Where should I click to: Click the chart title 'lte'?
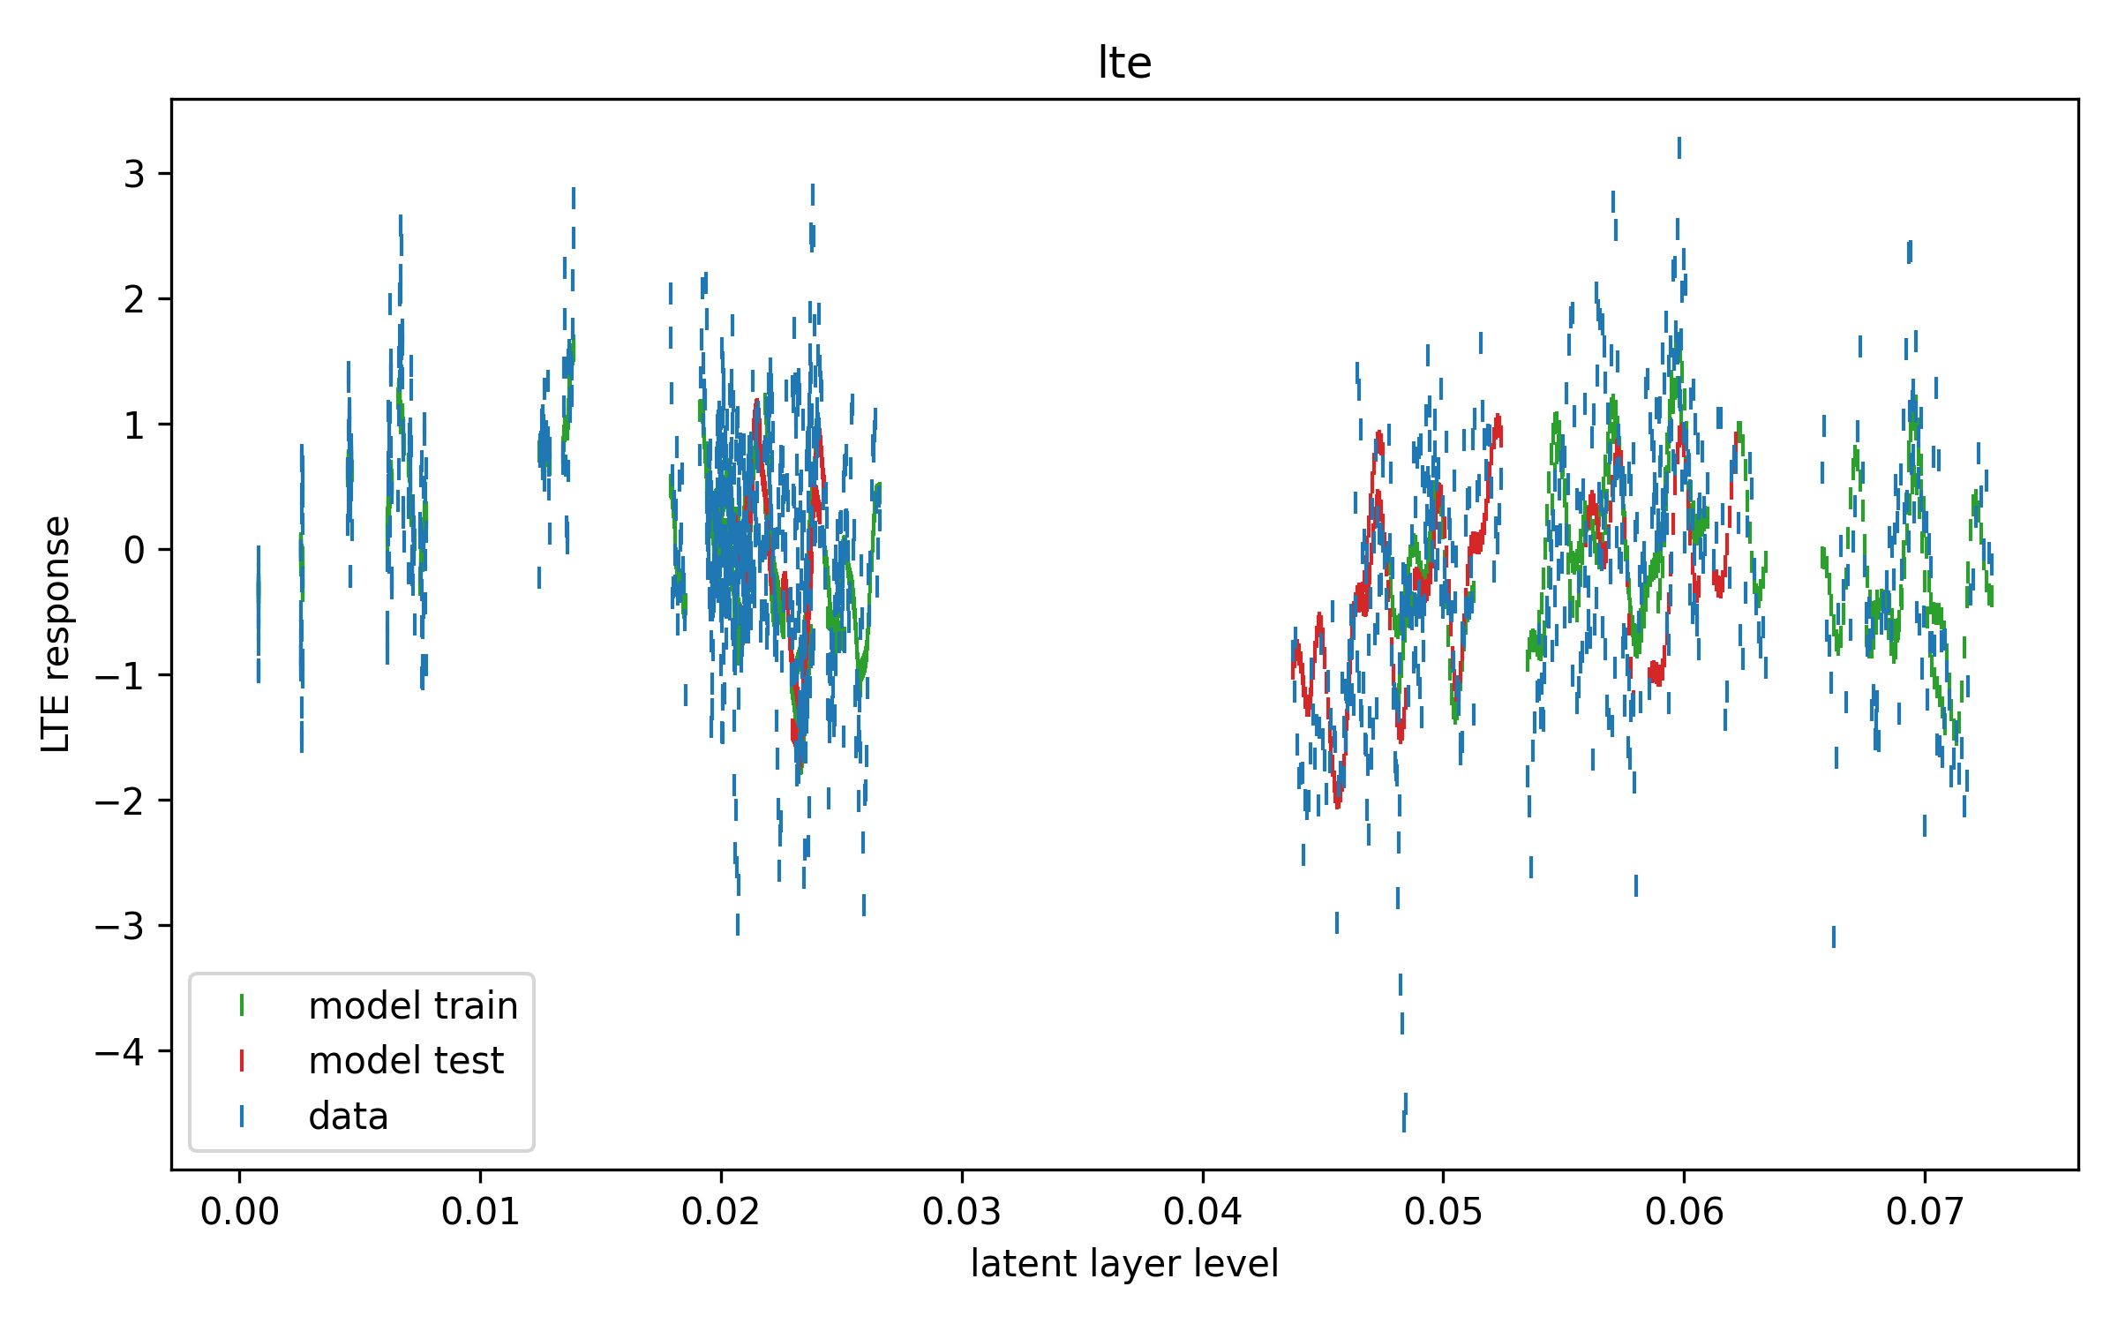[1124, 63]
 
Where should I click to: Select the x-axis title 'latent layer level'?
[1124, 1263]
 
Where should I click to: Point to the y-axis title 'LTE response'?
[56, 634]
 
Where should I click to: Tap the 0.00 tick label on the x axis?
[239, 1212]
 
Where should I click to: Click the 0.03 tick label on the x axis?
[962, 1212]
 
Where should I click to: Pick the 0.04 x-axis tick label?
[1202, 1212]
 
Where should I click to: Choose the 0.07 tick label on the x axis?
[1925, 1212]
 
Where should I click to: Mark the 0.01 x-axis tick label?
[480, 1212]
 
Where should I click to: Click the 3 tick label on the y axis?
[134, 174]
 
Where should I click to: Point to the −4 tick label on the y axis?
[120, 1051]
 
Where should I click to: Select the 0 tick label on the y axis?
[134, 550]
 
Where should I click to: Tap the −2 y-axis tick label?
[120, 801]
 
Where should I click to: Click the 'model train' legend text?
[413, 1005]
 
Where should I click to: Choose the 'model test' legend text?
[406, 1060]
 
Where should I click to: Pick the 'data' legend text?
[349, 1117]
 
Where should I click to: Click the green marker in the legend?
[242, 1005]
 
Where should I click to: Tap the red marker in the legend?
[242, 1060]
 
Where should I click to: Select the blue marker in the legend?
[242, 1117]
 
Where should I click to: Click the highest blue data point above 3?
[1679, 147]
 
